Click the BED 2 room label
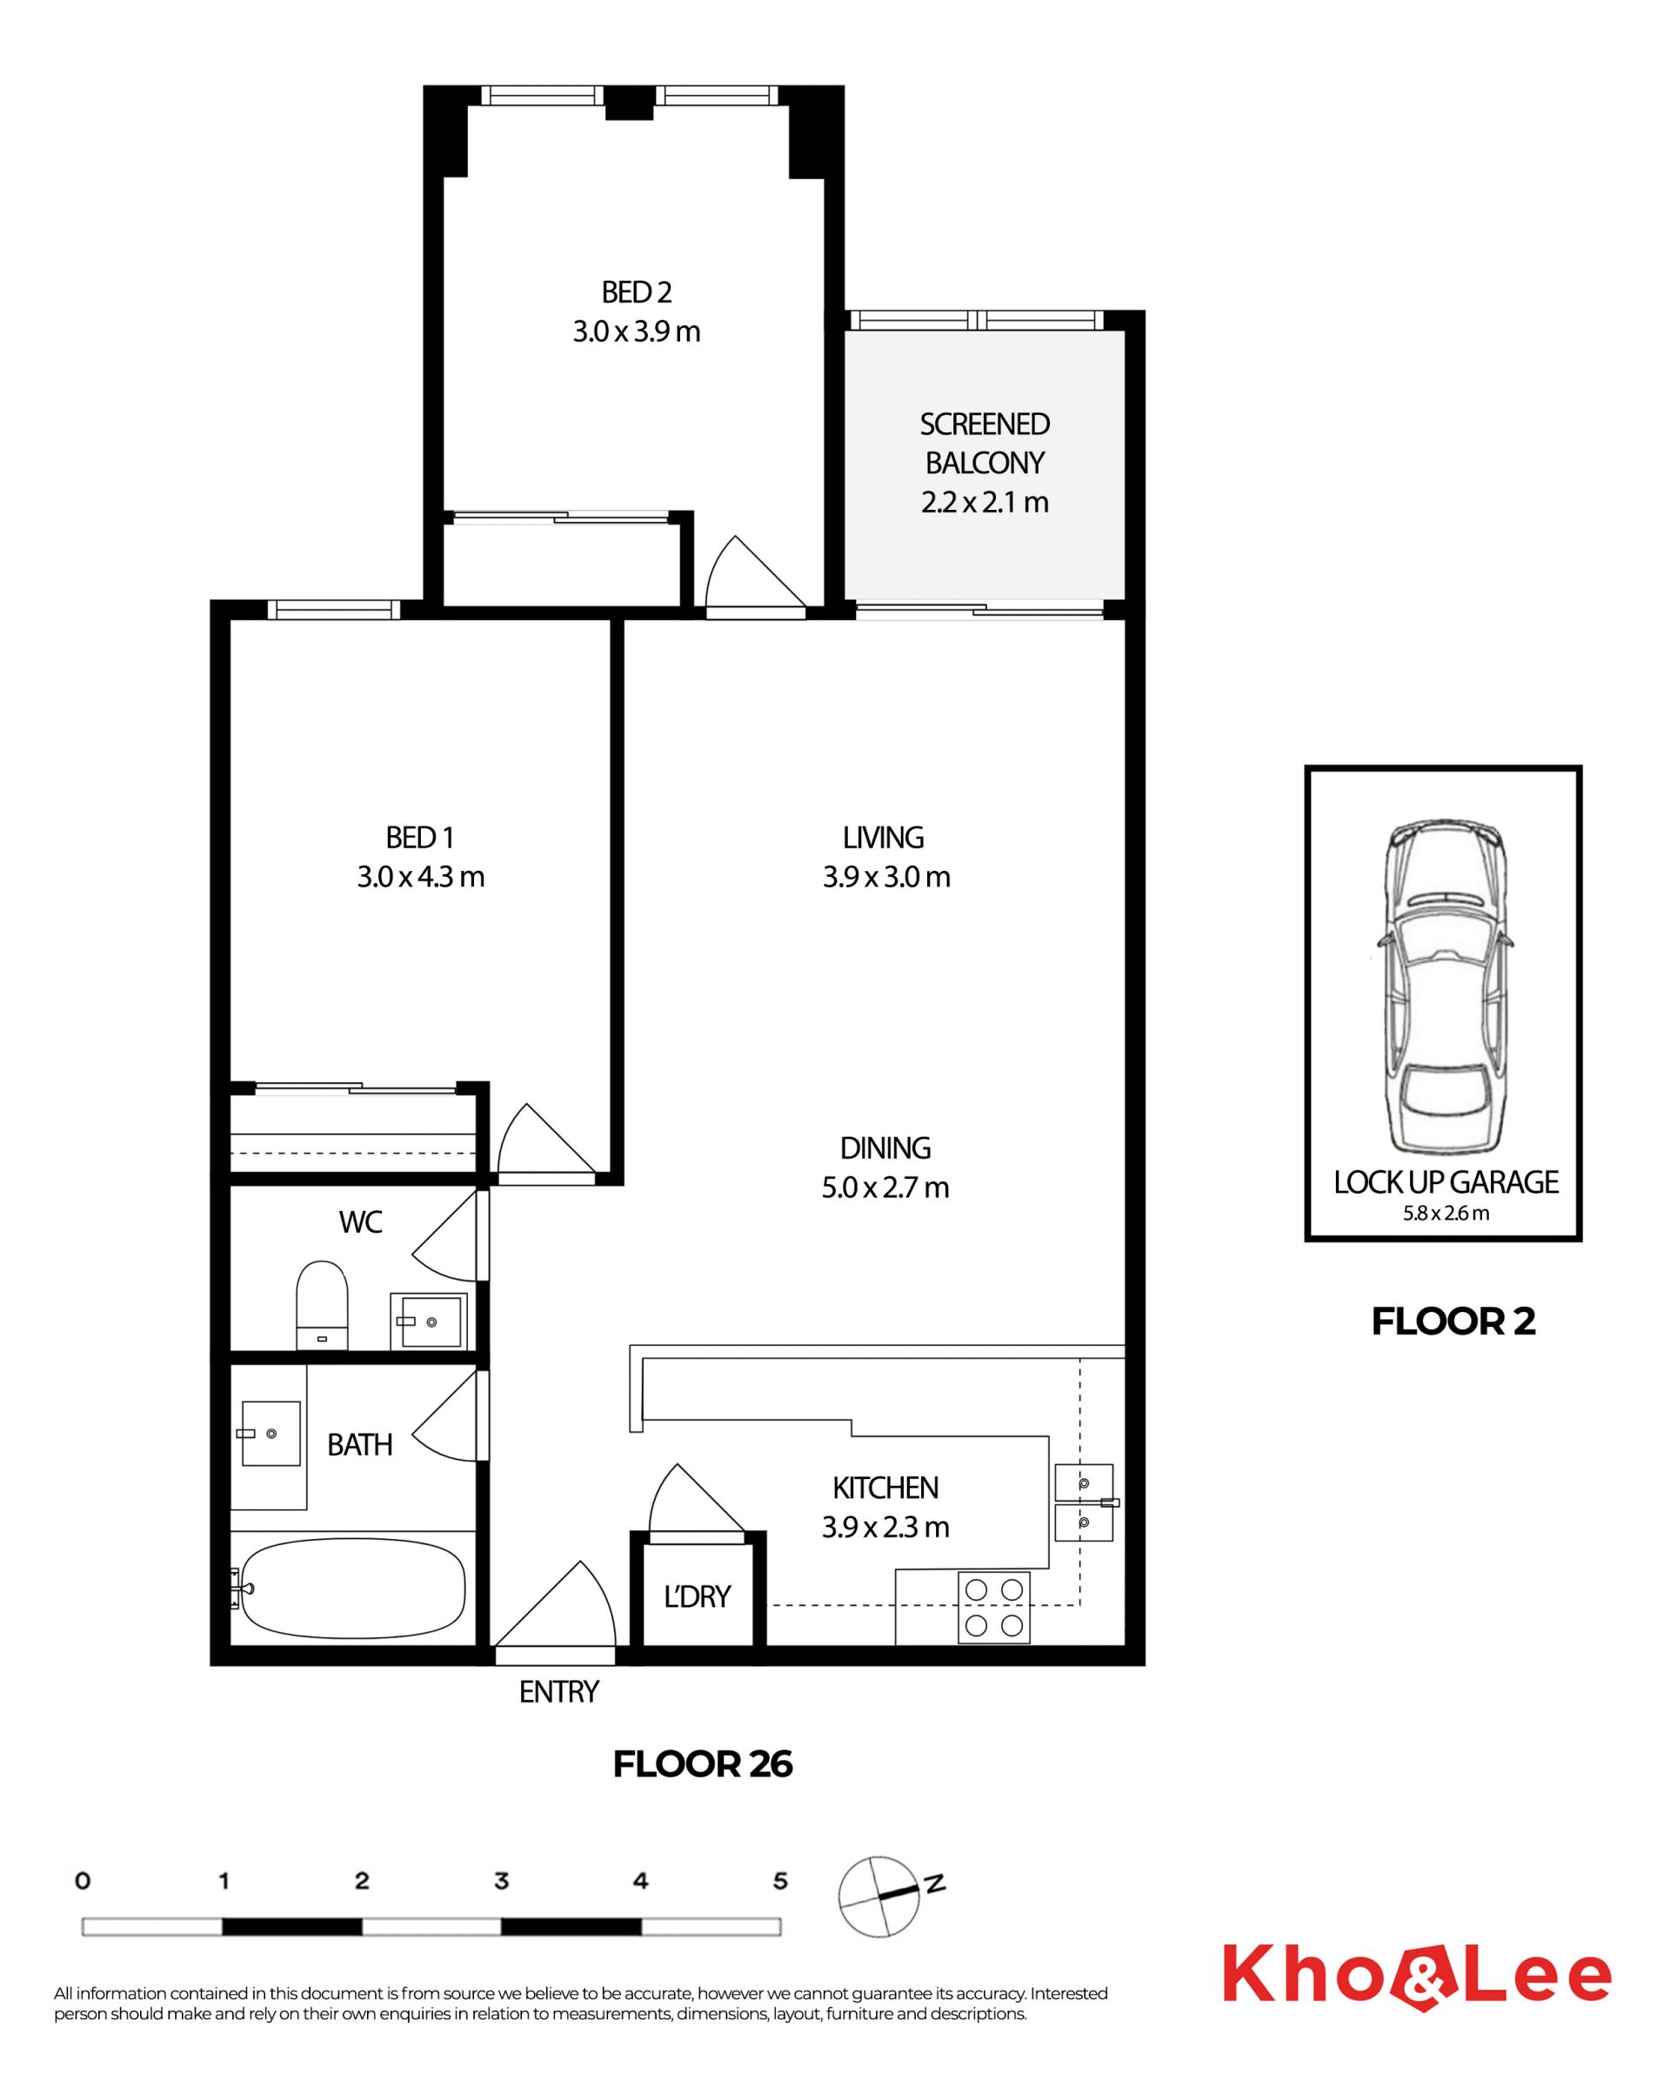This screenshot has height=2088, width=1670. [636, 291]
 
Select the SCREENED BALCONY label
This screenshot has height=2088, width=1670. [985, 444]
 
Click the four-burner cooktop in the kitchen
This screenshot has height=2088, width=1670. [993, 1608]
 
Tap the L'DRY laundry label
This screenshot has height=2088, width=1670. [697, 1596]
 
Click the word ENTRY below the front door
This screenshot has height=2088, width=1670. [558, 1692]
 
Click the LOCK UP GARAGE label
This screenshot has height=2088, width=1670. [1446, 1182]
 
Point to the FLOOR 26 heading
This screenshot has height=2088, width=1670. [703, 1764]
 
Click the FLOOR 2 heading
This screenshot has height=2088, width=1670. [1453, 1321]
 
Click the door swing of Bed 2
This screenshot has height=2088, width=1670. [755, 572]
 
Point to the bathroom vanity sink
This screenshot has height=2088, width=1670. [271, 1433]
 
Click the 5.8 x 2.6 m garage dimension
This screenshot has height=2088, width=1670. [1446, 1213]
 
